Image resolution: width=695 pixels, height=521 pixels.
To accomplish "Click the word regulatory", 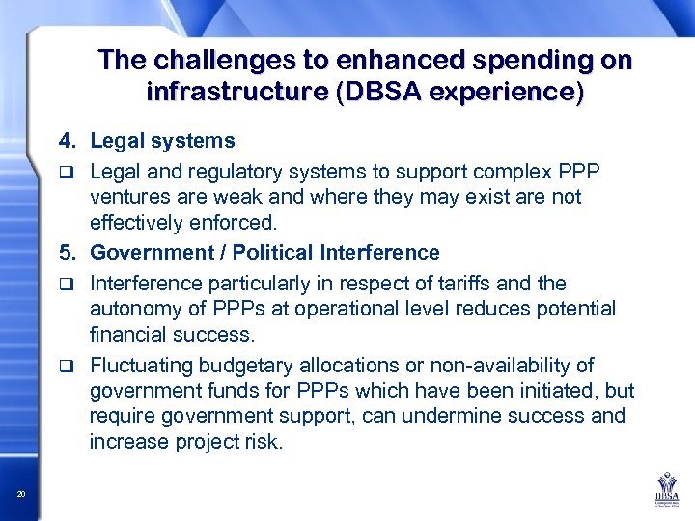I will [x=208, y=172].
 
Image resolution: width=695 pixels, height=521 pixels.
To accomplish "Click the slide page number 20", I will [x=21, y=495].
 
